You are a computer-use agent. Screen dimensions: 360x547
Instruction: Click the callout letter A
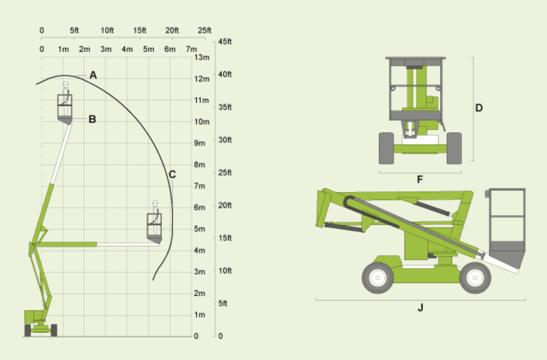(93, 75)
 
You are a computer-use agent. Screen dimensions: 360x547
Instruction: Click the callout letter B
(92, 119)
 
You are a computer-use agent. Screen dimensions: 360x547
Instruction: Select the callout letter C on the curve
(172, 175)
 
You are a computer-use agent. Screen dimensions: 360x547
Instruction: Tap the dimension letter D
(479, 108)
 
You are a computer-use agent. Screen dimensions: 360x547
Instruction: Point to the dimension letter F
(420, 180)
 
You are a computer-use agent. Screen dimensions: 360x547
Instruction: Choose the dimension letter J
(420, 308)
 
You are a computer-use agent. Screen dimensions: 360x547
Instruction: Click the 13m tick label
(201, 58)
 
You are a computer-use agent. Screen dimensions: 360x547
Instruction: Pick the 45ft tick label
(225, 41)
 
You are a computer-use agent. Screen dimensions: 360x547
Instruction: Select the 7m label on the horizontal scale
(191, 49)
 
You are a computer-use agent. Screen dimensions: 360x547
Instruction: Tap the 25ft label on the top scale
(205, 30)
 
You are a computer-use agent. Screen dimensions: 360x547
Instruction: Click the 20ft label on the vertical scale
(225, 205)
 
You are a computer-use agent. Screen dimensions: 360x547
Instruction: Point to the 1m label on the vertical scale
(200, 315)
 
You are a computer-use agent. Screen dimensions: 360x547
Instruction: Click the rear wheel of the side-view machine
(378, 278)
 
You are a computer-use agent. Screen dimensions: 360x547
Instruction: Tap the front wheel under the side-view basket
(475, 278)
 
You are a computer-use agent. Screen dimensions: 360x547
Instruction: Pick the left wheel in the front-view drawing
(386, 148)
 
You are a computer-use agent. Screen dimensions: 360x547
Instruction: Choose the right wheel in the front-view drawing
(454, 148)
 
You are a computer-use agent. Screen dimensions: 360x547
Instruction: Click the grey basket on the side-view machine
(507, 228)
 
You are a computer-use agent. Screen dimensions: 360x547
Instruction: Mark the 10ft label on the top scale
(107, 30)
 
